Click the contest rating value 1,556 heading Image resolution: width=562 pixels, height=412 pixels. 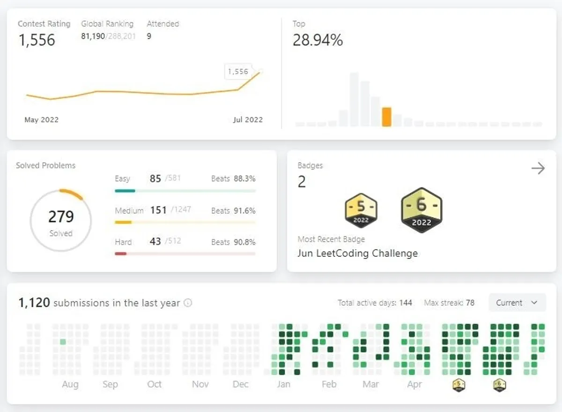pyautogui.click(x=37, y=40)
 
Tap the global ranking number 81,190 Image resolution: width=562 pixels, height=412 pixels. pyautogui.click(x=93, y=36)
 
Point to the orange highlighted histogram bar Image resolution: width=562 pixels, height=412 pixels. pyautogui.click(x=386, y=117)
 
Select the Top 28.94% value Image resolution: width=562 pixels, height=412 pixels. pyautogui.click(x=318, y=41)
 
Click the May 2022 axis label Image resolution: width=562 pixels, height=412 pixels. pyautogui.click(x=41, y=120)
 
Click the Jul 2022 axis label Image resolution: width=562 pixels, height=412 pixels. pyautogui.click(x=248, y=120)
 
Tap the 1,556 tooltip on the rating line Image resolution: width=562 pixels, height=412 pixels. pyautogui.click(x=238, y=72)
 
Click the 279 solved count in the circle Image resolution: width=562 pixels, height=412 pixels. pyautogui.click(x=61, y=217)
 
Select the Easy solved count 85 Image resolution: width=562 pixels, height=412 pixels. pyautogui.click(x=155, y=179)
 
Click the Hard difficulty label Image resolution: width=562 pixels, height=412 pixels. pyautogui.click(x=123, y=242)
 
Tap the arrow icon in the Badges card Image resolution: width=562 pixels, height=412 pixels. pyautogui.click(x=538, y=168)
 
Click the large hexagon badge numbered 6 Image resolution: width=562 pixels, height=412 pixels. pyautogui.click(x=421, y=210)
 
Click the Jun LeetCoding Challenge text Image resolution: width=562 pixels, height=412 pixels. pyautogui.click(x=357, y=254)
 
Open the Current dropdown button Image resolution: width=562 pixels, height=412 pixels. pyautogui.click(x=517, y=303)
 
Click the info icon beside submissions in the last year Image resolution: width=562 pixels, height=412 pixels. pyautogui.click(x=188, y=303)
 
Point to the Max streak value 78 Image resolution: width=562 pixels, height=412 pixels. pyautogui.click(x=470, y=303)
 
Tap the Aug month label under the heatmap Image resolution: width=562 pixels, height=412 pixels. pyautogui.click(x=70, y=384)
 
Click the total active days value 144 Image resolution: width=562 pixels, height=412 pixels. pyautogui.click(x=406, y=303)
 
